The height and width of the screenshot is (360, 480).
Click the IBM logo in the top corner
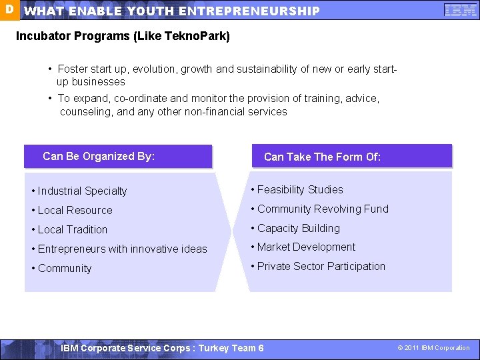pos(460,10)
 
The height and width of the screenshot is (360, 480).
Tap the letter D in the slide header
pos(9,10)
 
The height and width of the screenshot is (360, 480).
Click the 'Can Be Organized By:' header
pos(99,156)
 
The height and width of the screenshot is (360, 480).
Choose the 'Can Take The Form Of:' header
pos(322,157)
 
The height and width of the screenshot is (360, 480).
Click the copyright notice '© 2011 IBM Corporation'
pos(433,348)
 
